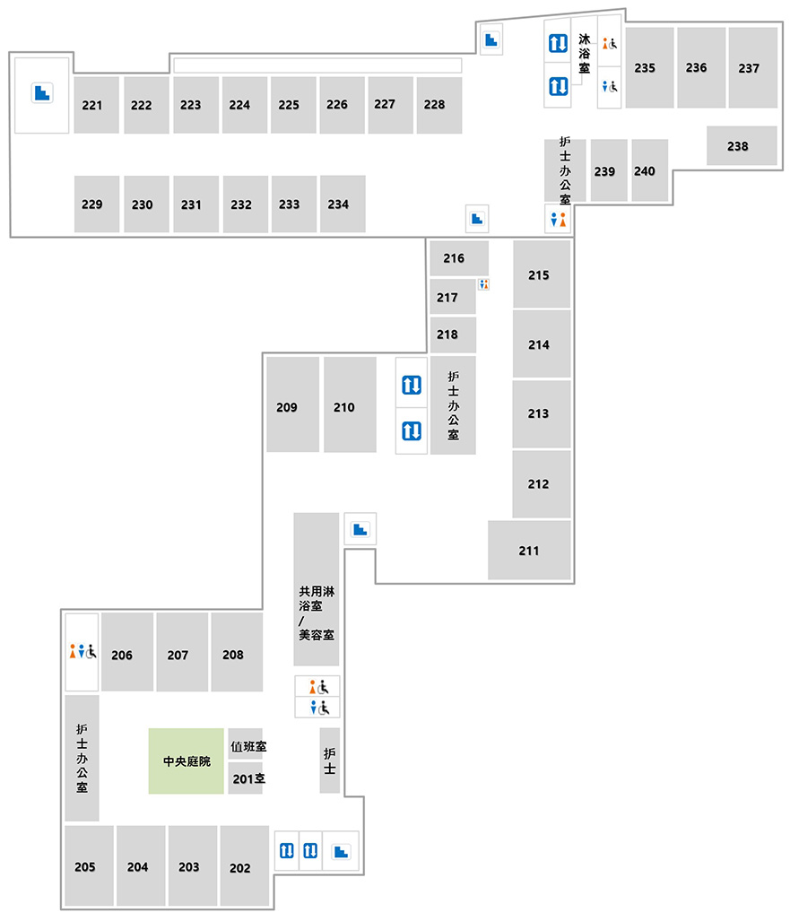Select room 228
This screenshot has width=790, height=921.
pyautogui.click(x=438, y=105)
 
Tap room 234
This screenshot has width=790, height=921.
pyautogui.click(x=343, y=204)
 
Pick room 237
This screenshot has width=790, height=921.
pyautogui.click(x=753, y=67)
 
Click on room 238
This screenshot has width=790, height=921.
pyautogui.click(x=742, y=145)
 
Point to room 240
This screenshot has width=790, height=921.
pyautogui.click(x=649, y=170)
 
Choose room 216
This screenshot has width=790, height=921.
pyautogui.click(x=459, y=258)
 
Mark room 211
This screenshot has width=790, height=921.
pyautogui.click(x=529, y=551)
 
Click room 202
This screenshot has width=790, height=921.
pyautogui.click(x=244, y=865)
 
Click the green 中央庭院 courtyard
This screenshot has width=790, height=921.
pyautogui.click(x=187, y=761)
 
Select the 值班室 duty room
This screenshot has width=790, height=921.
pyautogui.click(x=246, y=745)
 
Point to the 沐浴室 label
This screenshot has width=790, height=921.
pyautogui.click(x=584, y=54)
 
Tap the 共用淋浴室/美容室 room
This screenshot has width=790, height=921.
pyautogui.click(x=316, y=589)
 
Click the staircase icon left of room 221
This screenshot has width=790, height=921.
pyautogui.click(x=42, y=92)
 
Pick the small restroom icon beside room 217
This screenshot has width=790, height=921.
pyautogui.click(x=483, y=284)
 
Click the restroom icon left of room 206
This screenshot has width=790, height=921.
pyautogui.click(x=82, y=651)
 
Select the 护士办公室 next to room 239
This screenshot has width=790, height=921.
pyautogui.click(x=565, y=170)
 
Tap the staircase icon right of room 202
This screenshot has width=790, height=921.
pyautogui.click(x=341, y=851)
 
